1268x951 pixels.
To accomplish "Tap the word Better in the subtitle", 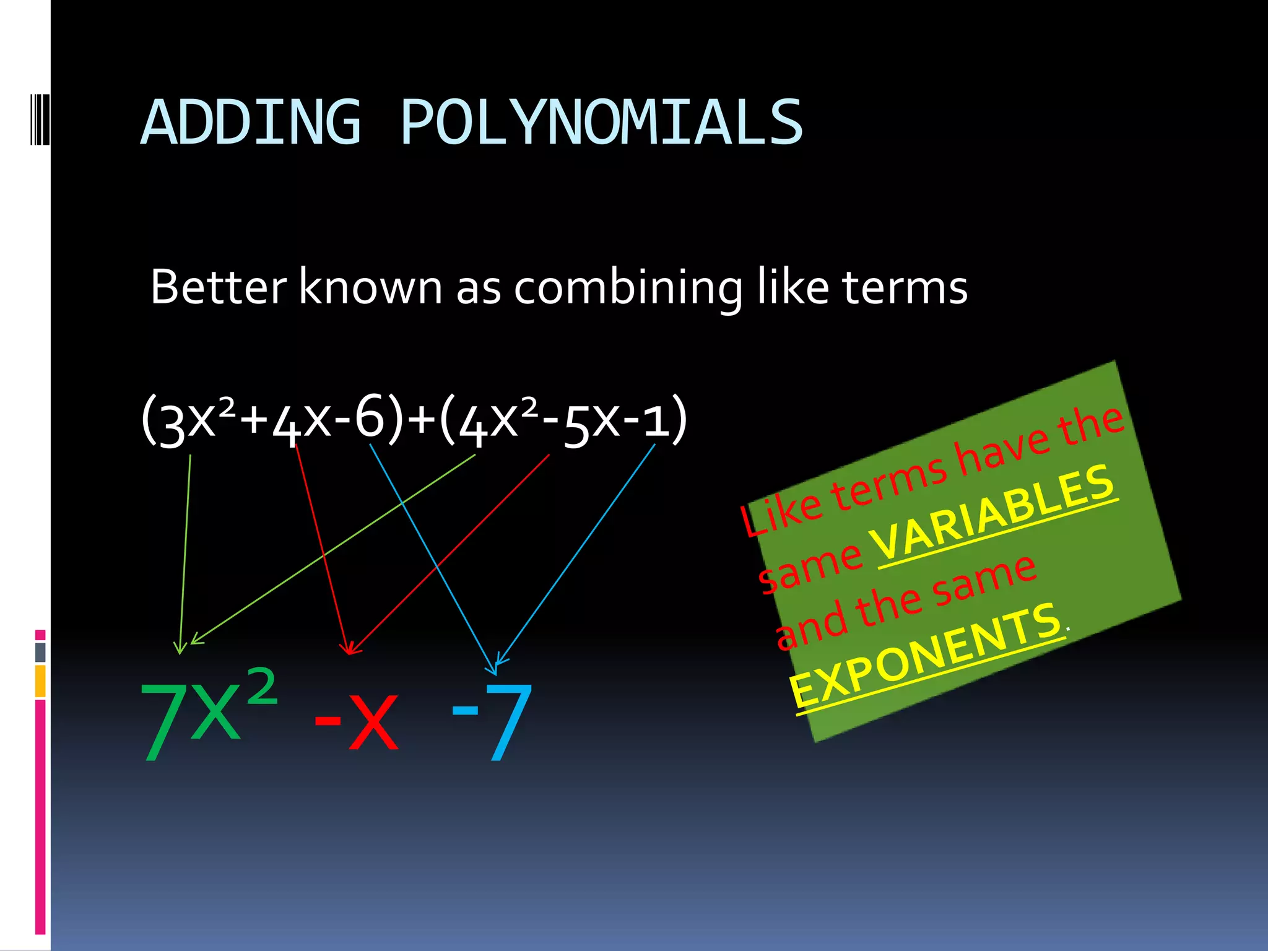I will point(219,287).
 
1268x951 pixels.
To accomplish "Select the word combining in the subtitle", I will point(628,289).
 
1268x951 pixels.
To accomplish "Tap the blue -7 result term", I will point(492,721).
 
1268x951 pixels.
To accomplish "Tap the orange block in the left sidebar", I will point(40,680).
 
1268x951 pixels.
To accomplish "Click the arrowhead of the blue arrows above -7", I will point(496,667).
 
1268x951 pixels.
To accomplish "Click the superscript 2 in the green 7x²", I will point(263,685).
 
